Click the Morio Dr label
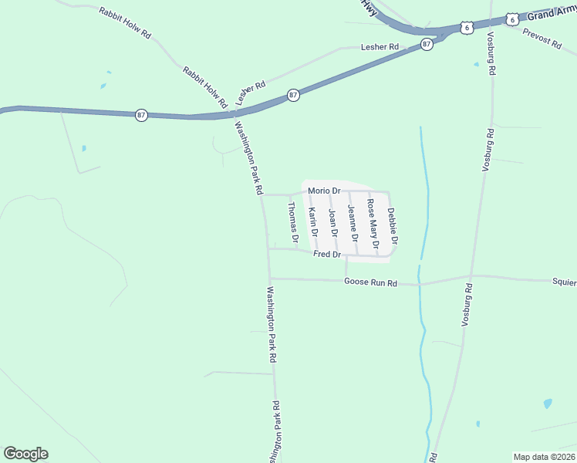[324, 191]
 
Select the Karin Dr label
[312, 222]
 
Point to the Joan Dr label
[333, 222]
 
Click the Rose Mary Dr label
[373, 225]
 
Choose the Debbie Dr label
[393, 226]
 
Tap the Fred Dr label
[327, 254]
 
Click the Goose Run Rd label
[370, 283]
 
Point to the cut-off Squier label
[564, 282]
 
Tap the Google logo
[25, 454]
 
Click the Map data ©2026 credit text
[544, 457]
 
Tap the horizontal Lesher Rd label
[380, 47]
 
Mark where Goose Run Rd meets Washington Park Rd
[269, 279]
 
